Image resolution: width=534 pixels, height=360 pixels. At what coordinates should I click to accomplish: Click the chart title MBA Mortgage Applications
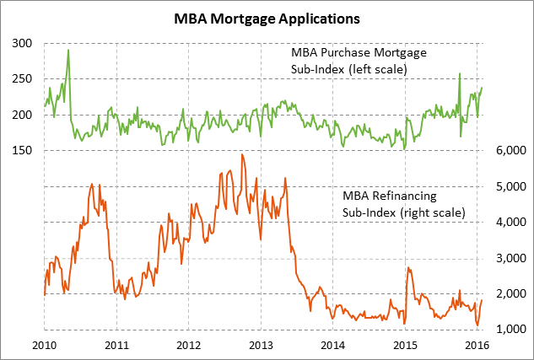click(x=267, y=17)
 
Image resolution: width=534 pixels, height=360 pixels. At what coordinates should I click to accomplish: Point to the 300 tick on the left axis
click(x=22, y=43)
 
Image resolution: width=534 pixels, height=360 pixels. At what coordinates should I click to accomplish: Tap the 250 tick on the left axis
click(x=22, y=78)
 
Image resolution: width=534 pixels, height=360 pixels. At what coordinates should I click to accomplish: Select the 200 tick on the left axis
click(x=22, y=115)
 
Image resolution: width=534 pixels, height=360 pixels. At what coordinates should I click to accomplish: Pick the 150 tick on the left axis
click(x=22, y=150)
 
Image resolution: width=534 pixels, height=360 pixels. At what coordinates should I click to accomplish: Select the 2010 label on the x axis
click(x=44, y=345)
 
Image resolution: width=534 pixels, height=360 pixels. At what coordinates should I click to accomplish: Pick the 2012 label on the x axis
click(x=188, y=345)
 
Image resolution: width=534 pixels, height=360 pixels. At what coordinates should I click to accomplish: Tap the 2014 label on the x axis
click(x=333, y=345)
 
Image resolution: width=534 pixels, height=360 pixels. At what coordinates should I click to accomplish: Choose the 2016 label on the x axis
click(x=477, y=345)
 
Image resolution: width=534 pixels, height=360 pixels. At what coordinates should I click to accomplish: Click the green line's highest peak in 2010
click(x=68, y=50)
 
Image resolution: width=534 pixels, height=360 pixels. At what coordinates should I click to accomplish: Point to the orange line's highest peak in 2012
click(x=242, y=154)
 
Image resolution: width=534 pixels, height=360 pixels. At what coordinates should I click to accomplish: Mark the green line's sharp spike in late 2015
click(x=460, y=73)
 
